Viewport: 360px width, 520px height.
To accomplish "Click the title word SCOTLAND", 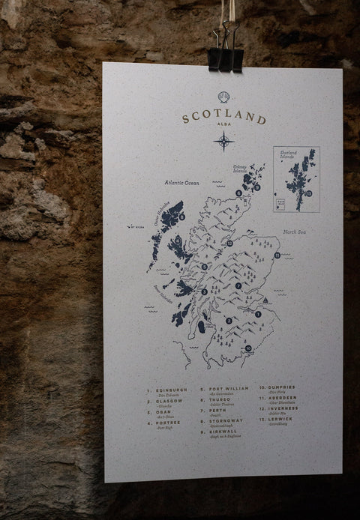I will [223, 119].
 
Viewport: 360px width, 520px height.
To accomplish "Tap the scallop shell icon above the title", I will [223, 98].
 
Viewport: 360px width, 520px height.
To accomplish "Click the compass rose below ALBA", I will [223, 140].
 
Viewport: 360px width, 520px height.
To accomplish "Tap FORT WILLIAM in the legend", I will [226, 390].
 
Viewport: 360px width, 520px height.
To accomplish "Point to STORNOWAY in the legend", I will [225, 423].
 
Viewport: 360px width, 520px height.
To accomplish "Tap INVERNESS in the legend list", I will [282, 408].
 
